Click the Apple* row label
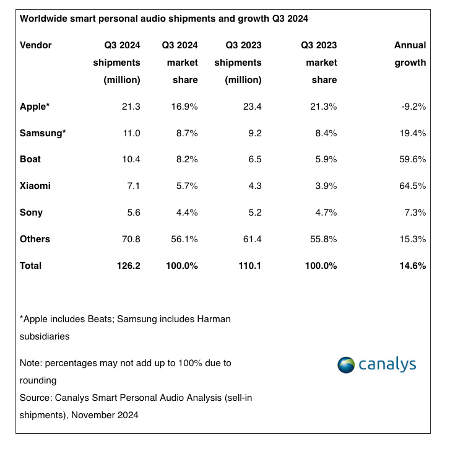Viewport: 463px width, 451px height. [x=35, y=107]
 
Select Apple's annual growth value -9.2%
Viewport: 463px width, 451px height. [x=413, y=107]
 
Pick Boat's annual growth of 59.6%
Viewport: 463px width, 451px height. [x=413, y=159]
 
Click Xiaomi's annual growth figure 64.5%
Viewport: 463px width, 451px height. [x=413, y=186]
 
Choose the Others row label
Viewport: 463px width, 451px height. [x=35, y=239]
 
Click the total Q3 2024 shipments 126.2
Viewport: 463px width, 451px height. [x=127, y=266]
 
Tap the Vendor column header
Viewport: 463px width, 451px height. [x=36, y=45]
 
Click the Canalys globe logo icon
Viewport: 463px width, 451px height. [x=348, y=364]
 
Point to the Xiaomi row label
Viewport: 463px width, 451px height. [x=35, y=186]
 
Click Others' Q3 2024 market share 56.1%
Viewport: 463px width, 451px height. [x=184, y=239]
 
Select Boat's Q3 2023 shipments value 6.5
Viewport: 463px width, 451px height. [x=253, y=159]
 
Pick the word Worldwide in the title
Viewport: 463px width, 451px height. [x=44, y=19]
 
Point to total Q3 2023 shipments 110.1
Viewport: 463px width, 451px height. [x=248, y=266]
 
